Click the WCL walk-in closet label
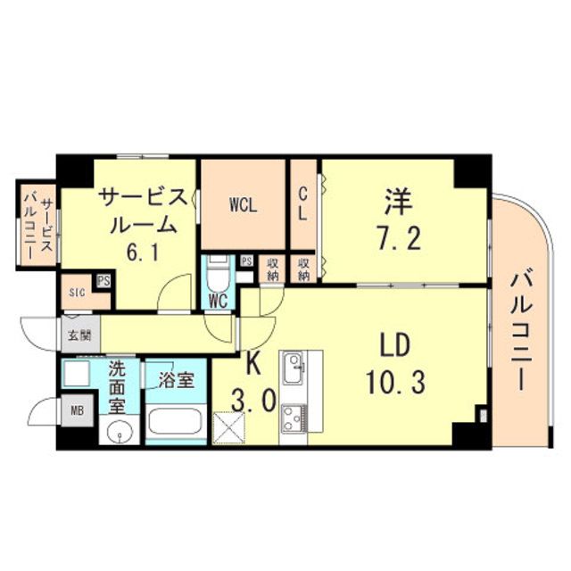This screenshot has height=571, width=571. (243, 204)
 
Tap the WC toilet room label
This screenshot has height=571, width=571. (218, 301)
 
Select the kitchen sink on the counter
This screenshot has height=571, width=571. (294, 366)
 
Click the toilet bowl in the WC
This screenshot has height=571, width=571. (217, 273)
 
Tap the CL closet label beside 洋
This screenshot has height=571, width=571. (302, 203)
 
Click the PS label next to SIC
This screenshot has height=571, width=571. (104, 280)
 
